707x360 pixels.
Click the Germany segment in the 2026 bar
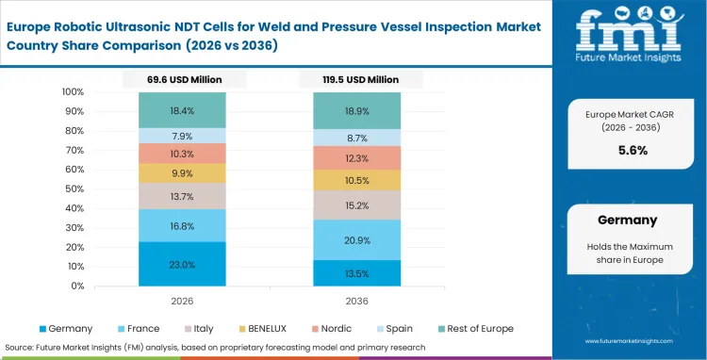[183, 265]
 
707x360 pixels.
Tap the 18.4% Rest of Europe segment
[183, 110]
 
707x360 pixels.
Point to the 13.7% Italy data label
[183, 196]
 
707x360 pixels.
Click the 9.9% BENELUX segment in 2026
[183, 173]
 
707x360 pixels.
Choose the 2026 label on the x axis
[183, 302]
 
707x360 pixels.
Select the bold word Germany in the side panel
[628, 220]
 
